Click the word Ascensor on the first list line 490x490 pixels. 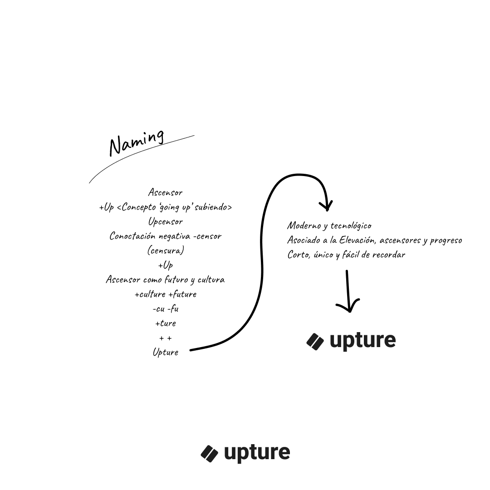[x=165, y=193]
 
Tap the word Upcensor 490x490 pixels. [x=165, y=222]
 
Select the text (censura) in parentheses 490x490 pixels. [x=165, y=250]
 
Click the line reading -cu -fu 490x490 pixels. [x=165, y=309]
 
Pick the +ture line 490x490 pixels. [x=165, y=323]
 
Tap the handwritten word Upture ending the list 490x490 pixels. [x=165, y=352]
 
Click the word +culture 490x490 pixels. [x=150, y=294]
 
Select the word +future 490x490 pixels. [x=182, y=294]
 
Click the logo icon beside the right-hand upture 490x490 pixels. [x=315, y=341]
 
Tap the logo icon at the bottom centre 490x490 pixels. [x=210, y=453]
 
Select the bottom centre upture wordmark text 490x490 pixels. [x=257, y=453]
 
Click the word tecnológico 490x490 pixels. [x=351, y=225]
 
